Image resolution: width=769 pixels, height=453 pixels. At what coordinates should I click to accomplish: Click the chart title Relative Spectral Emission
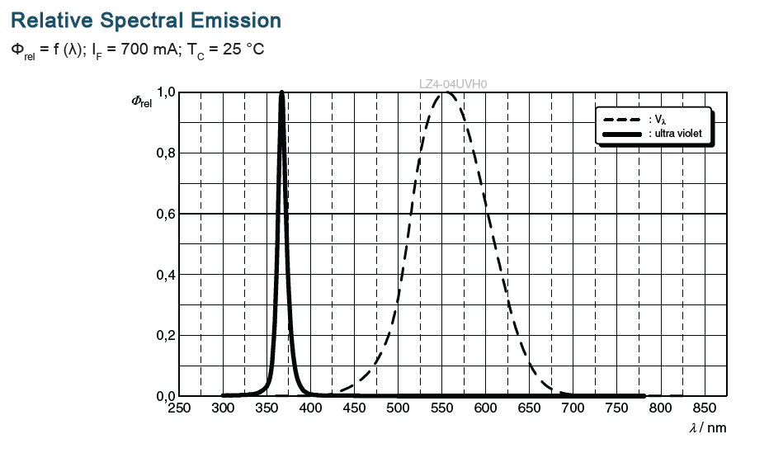pyautogui.click(x=146, y=20)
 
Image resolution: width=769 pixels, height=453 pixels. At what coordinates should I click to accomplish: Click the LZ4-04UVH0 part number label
pyautogui.click(x=453, y=83)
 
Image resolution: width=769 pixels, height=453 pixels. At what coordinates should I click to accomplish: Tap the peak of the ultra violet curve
pyautogui.click(x=282, y=92)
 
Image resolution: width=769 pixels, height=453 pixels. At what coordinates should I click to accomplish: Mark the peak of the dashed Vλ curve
pyautogui.click(x=446, y=92)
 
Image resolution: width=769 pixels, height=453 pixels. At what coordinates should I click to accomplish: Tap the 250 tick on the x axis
pyautogui.click(x=179, y=408)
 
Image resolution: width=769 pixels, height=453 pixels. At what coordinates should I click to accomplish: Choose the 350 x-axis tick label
pyautogui.click(x=267, y=408)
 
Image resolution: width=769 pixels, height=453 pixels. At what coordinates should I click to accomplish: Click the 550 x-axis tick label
pyautogui.click(x=441, y=408)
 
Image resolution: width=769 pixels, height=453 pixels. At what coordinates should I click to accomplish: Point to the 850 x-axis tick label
pyautogui.click(x=704, y=408)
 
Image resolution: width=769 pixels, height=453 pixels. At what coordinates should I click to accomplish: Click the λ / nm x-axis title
pyautogui.click(x=707, y=427)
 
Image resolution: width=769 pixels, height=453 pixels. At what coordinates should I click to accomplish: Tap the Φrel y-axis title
pyautogui.click(x=142, y=101)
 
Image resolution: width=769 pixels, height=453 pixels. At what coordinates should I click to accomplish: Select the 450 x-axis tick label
pyautogui.click(x=354, y=408)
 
